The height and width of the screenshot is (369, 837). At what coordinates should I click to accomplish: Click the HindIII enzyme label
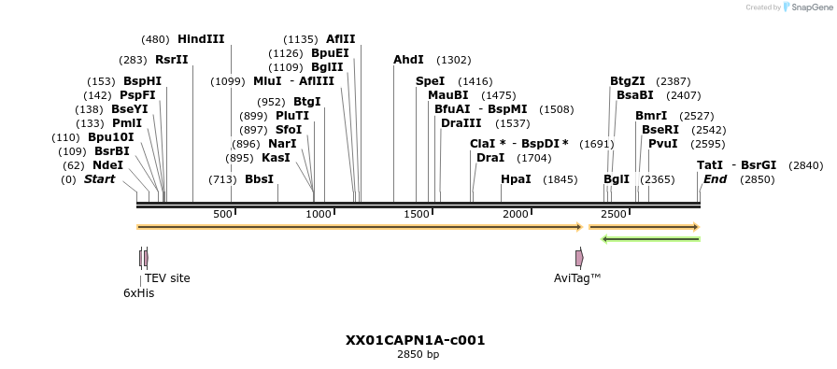pyautogui.click(x=201, y=39)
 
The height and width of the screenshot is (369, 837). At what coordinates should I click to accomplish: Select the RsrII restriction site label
pyautogui.click(x=172, y=60)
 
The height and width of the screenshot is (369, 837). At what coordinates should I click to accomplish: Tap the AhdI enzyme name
pyautogui.click(x=408, y=60)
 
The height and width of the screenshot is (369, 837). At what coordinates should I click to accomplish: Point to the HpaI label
pyautogui.click(x=516, y=179)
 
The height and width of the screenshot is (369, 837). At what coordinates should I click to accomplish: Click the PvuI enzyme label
pyautogui.click(x=662, y=144)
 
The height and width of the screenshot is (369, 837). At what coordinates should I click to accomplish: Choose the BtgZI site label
pyautogui.click(x=628, y=81)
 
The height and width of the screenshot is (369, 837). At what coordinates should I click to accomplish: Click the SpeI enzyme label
pyautogui.click(x=430, y=81)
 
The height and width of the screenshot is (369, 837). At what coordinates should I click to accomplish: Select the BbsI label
pyautogui.click(x=259, y=179)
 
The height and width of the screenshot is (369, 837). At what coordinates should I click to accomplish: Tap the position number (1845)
pyautogui.click(x=560, y=179)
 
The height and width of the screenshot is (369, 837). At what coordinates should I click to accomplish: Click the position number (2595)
pyautogui.click(x=707, y=144)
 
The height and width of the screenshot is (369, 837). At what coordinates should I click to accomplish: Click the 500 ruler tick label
pyautogui.click(x=222, y=215)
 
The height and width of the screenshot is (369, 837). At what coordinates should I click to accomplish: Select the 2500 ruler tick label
pyautogui.click(x=614, y=215)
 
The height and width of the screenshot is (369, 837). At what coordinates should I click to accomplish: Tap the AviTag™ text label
pyautogui.click(x=577, y=278)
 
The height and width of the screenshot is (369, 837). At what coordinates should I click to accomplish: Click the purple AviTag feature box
pyautogui.click(x=579, y=258)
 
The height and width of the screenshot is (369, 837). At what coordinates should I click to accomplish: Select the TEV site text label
pyautogui.click(x=167, y=278)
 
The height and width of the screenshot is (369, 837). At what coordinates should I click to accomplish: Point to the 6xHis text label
pyautogui.click(x=138, y=293)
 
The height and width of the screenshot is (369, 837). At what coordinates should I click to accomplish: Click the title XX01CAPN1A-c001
pyautogui.click(x=415, y=340)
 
